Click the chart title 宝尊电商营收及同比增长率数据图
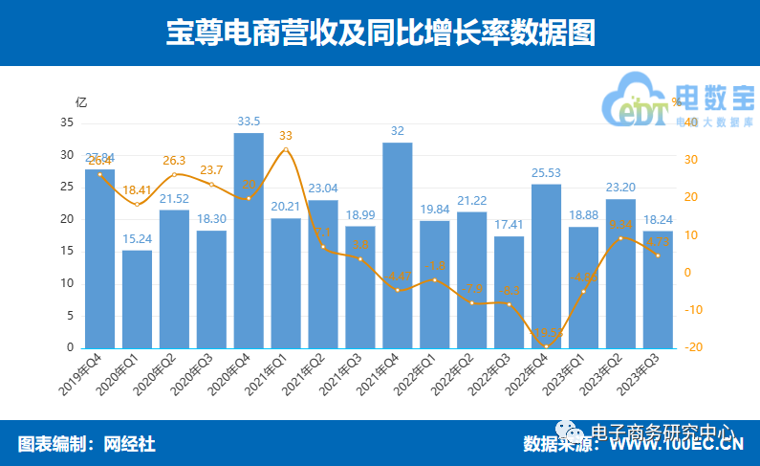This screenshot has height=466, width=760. coord(380,33)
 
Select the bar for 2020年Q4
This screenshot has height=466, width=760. coord(249,240)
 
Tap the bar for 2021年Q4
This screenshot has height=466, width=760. coord(397,245)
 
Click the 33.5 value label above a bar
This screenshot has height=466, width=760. coord(249,122)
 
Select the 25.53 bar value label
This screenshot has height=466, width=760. coord(546,172)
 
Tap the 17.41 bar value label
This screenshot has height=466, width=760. coord(509,225)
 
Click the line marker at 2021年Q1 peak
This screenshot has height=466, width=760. coord(286,150)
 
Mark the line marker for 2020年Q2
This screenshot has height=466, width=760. coord(174,174)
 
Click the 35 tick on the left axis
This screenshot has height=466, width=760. coord(67,123)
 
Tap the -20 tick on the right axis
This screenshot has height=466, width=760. coord(693,347)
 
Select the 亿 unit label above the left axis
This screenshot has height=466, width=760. coord(81,101)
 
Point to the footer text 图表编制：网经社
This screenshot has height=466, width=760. coord(86,444)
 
